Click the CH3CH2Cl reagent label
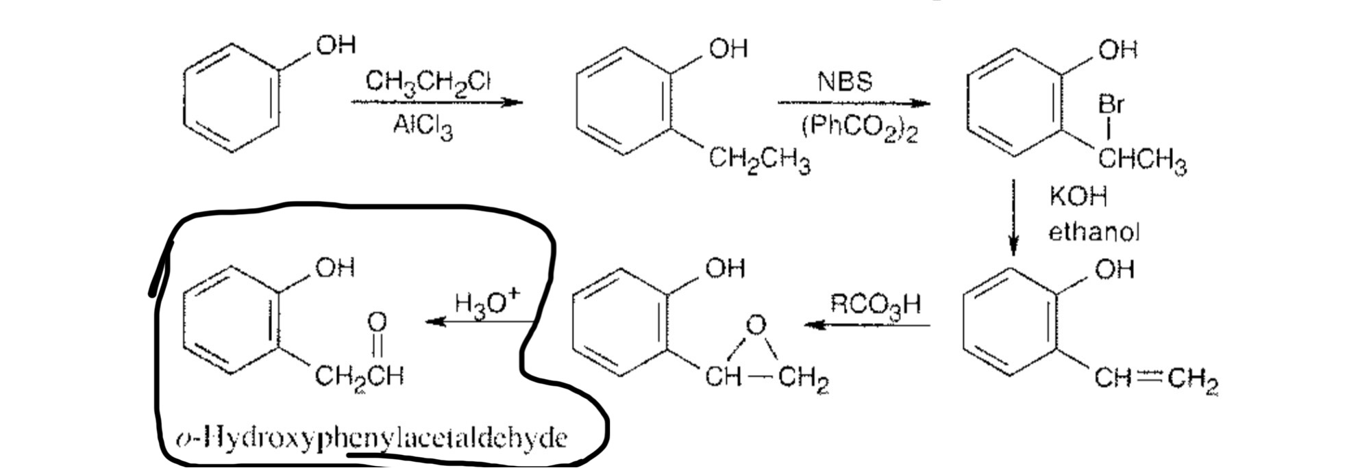428,83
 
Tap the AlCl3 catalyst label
423,127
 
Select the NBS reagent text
845,82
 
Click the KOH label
1077,197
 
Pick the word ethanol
1094,233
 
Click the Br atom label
1111,105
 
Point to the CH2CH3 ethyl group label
758,161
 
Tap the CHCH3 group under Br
1142,161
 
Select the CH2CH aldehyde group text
359,376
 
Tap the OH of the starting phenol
336,46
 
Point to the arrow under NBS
853,104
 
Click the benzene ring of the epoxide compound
620,322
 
